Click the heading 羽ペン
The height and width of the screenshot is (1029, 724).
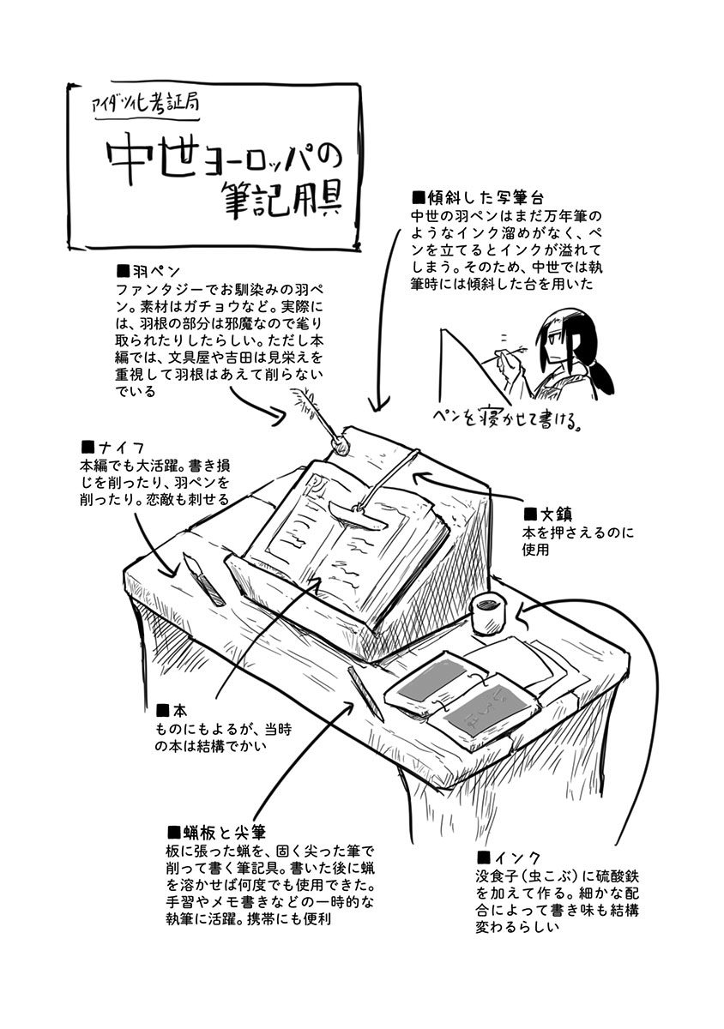148,269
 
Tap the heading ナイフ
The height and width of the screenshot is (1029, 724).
112,446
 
